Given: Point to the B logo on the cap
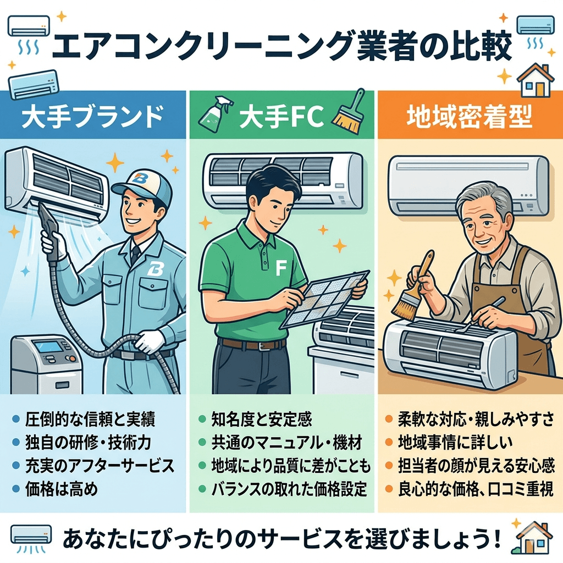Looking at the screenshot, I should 139,179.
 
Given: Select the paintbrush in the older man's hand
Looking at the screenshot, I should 413,291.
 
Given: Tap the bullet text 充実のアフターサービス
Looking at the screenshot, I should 100,465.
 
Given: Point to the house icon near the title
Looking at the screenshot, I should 536,80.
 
